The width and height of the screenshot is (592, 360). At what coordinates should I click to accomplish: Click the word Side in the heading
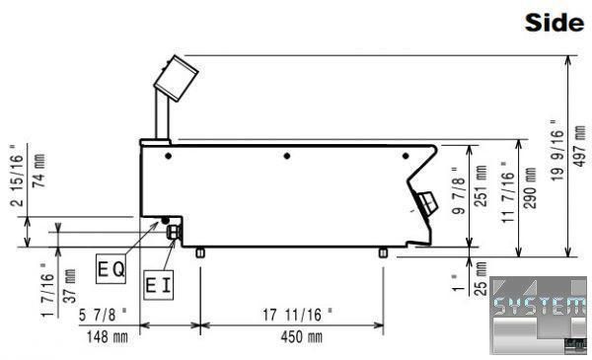[x=555, y=23]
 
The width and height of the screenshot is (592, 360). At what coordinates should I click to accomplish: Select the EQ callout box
[x=111, y=269]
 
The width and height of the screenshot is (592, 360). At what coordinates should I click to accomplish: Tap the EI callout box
[x=159, y=285]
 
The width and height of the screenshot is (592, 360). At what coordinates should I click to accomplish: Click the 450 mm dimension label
[x=302, y=337]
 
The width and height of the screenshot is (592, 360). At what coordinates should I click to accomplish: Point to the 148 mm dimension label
[x=108, y=337]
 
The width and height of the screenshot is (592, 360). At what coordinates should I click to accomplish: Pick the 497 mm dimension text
[x=579, y=146]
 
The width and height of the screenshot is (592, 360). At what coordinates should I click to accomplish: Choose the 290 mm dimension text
[x=530, y=188]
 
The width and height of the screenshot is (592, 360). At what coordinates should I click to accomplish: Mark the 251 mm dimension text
[x=481, y=186]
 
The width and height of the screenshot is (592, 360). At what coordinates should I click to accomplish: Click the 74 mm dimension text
[x=38, y=171]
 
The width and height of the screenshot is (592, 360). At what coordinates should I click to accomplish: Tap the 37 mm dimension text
[x=69, y=286]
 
